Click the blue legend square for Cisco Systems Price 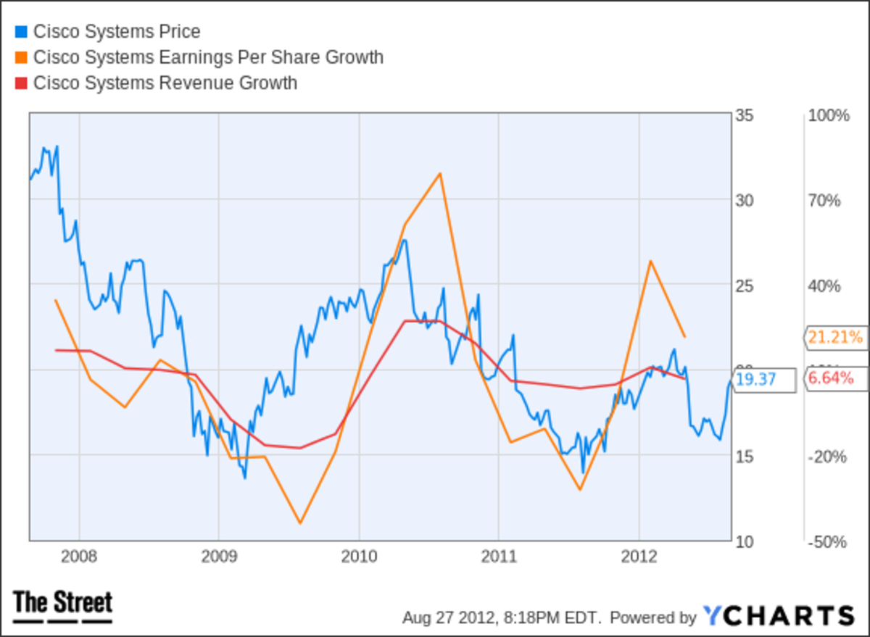tap(21, 32)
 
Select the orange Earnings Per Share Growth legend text tap(208, 57)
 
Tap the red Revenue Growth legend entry tap(165, 83)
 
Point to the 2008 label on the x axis tap(79, 557)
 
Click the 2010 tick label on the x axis tap(358, 557)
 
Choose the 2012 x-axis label tap(639, 557)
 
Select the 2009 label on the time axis tap(218, 557)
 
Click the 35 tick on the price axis tap(744, 116)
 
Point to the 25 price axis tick tap(744, 286)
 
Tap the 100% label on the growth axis tap(828, 116)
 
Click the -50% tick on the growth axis tap(828, 541)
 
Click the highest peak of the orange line tap(439, 173)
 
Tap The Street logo tap(63, 606)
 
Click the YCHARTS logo tap(778, 616)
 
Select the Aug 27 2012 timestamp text tap(502, 617)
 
